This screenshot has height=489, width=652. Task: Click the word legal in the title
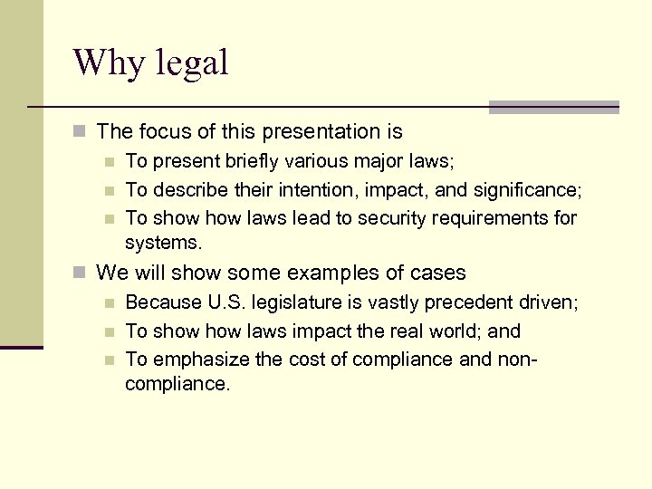coord(193,63)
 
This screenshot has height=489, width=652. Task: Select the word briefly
coord(237,162)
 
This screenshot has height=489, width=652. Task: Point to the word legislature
coord(285,303)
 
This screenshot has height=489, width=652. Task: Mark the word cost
coord(308,360)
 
